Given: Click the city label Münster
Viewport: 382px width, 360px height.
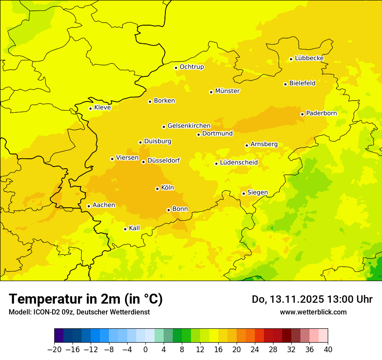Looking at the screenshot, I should [x=227, y=91].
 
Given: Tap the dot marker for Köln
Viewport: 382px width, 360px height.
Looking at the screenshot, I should [x=157, y=189].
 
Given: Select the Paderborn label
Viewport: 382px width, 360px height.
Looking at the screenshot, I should [x=321, y=113].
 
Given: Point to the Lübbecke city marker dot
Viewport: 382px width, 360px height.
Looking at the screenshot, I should [x=291, y=59].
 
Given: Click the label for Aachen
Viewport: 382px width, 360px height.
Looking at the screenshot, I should [x=104, y=205].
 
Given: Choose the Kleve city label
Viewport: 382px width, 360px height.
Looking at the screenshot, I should [x=102, y=108].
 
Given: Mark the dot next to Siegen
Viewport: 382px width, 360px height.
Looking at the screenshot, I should [x=244, y=193].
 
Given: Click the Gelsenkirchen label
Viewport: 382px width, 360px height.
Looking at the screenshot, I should [x=189, y=126].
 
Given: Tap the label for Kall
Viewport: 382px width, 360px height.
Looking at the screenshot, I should [x=134, y=228].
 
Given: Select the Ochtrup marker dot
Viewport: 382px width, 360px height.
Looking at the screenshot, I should [x=176, y=68].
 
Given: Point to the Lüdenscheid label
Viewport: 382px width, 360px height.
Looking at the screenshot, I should [x=239, y=163].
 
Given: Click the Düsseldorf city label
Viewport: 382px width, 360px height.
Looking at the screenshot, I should [x=163, y=160].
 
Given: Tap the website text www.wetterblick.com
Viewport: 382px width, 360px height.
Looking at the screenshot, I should [x=313, y=312].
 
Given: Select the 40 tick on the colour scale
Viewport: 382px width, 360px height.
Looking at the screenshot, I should [x=328, y=350].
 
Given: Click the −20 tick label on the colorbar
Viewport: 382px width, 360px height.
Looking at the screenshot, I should [x=54, y=350].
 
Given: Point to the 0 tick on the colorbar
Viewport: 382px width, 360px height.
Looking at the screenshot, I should [x=145, y=350].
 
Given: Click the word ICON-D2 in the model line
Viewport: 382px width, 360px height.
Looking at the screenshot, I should [x=45, y=312].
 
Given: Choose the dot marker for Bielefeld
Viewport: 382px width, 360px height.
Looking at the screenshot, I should [x=285, y=84].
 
